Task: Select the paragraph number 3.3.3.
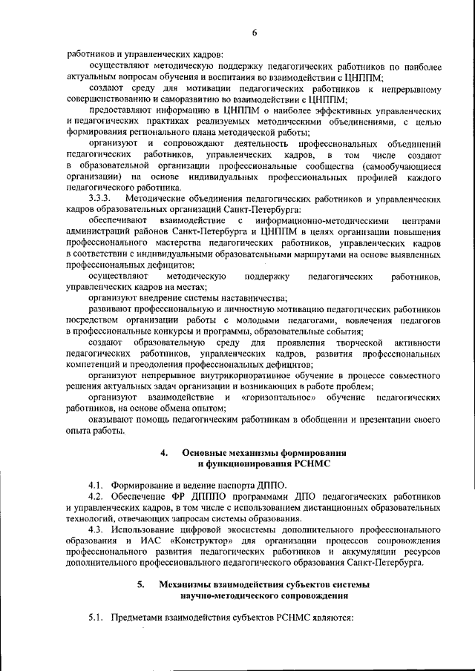99,199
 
